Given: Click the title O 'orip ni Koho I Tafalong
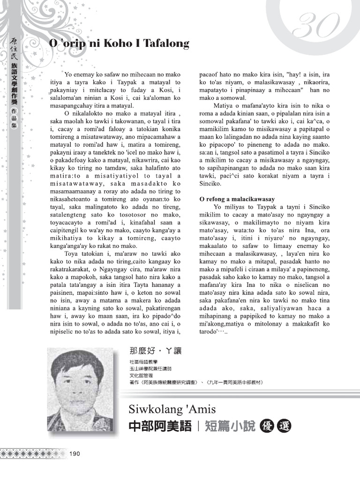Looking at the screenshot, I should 119,44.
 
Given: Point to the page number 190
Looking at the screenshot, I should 75,453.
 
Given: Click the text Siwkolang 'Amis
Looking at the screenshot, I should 172,409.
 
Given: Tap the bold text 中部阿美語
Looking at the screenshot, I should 159,426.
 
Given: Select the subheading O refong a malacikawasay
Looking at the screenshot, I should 237,199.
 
